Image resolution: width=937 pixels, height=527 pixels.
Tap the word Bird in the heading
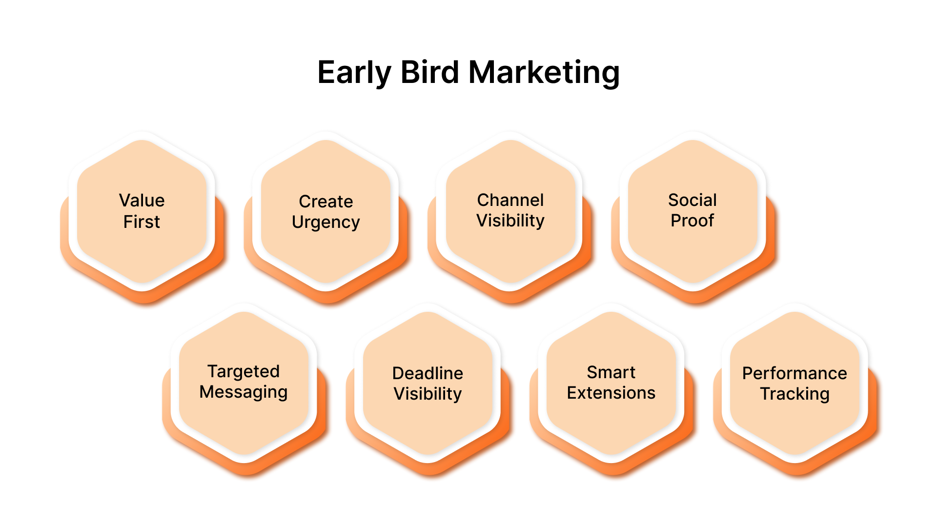(x=429, y=73)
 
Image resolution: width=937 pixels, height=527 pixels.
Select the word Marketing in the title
(x=544, y=73)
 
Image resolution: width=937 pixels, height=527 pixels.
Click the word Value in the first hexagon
(x=142, y=201)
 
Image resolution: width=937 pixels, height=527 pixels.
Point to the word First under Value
(x=142, y=222)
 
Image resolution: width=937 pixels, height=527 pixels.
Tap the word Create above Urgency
(x=326, y=202)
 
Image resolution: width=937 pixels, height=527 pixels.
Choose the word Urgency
(x=326, y=223)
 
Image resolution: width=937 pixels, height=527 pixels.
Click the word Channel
(x=510, y=200)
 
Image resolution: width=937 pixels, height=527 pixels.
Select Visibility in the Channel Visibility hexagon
(x=510, y=221)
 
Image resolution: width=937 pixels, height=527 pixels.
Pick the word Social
(x=692, y=200)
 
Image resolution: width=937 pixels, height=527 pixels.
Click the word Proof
(x=692, y=221)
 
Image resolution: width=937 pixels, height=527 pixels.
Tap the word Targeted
(x=244, y=371)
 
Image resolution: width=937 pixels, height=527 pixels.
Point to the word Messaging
(x=244, y=392)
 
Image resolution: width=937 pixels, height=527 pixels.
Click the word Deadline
(x=428, y=373)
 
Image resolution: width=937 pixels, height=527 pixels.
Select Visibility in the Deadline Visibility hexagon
(x=428, y=394)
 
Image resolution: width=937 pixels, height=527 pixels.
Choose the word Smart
(x=611, y=372)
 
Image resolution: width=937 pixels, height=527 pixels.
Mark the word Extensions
(x=611, y=393)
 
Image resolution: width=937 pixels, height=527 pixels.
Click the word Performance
(x=794, y=373)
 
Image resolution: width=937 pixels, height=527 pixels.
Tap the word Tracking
(x=794, y=394)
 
